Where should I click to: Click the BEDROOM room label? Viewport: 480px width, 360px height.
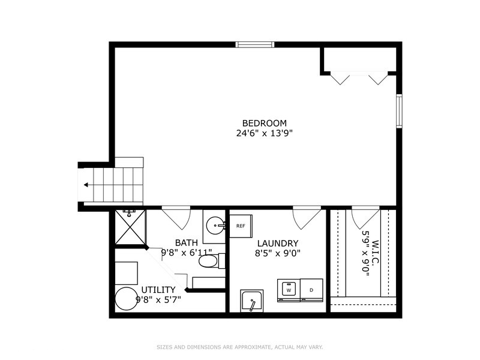(x=264, y=123)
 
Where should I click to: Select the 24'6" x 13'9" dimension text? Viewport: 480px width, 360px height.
(x=264, y=133)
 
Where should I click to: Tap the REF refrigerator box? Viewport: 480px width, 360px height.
(x=241, y=226)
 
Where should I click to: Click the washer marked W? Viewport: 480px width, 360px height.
(x=289, y=290)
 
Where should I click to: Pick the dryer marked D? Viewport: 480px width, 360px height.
(x=311, y=290)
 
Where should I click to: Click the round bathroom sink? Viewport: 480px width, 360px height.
(x=215, y=226)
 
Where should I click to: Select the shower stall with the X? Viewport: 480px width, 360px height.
(x=130, y=227)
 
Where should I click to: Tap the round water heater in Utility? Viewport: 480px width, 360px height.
(x=127, y=298)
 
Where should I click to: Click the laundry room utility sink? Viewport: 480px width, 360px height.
(x=252, y=301)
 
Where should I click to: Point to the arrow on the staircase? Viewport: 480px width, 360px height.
(x=88, y=185)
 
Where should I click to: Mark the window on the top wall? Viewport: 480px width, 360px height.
(x=254, y=44)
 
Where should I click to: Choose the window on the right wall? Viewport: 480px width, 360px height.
(x=398, y=110)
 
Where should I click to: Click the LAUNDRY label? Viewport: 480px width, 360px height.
(x=278, y=243)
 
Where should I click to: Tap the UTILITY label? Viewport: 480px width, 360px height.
(x=158, y=289)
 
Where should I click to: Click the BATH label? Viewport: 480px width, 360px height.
(x=186, y=242)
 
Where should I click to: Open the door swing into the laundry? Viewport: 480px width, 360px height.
(x=306, y=217)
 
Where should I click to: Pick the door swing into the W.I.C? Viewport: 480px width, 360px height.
(x=365, y=217)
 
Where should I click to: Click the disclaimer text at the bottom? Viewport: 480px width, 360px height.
(x=240, y=347)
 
